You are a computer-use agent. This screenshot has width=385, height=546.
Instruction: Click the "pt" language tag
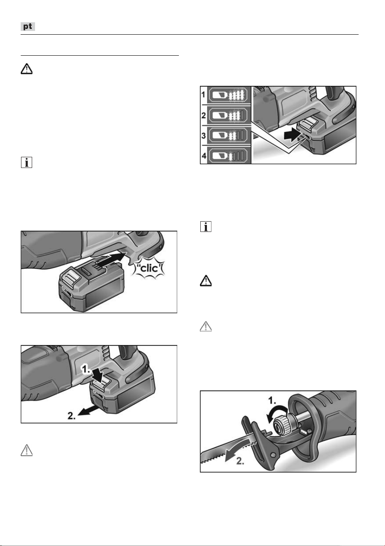click(28, 26)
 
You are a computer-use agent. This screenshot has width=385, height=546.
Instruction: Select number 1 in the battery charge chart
click(204, 95)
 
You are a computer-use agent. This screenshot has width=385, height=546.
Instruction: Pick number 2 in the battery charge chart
click(204, 115)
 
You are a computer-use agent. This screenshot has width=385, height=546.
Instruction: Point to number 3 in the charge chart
click(204, 135)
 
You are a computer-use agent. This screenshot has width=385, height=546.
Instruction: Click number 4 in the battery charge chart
click(204, 156)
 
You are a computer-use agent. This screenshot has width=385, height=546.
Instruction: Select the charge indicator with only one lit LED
click(228, 156)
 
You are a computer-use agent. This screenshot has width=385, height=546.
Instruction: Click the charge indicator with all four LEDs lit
click(228, 95)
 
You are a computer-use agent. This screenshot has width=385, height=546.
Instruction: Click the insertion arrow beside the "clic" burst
click(111, 258)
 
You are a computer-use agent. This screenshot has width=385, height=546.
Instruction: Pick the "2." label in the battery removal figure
click(71, 416)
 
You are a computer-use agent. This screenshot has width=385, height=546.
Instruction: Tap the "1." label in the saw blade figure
click(272, 400)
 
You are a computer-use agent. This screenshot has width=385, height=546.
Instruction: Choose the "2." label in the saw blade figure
click(240, 461)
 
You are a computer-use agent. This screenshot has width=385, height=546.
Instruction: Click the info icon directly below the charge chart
click(206, 227)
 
